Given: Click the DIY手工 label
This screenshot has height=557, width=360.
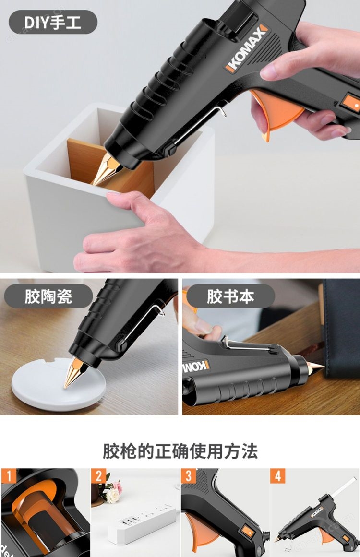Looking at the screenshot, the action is [53, 23].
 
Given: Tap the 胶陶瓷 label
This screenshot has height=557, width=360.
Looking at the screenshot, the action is [48, 296].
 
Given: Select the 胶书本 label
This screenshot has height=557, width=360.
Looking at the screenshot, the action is [230, 296].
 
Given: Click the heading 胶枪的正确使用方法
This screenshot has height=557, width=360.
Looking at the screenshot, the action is [180, 451].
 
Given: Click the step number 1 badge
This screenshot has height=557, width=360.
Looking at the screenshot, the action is [9, 476].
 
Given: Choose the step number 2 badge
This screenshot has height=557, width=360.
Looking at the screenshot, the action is [99, 476].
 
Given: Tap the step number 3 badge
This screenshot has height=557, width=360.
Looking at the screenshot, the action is [189, 476].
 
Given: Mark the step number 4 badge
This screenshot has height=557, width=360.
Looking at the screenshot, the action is [278, 476].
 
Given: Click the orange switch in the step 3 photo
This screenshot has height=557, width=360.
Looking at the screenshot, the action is [247, 532].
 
